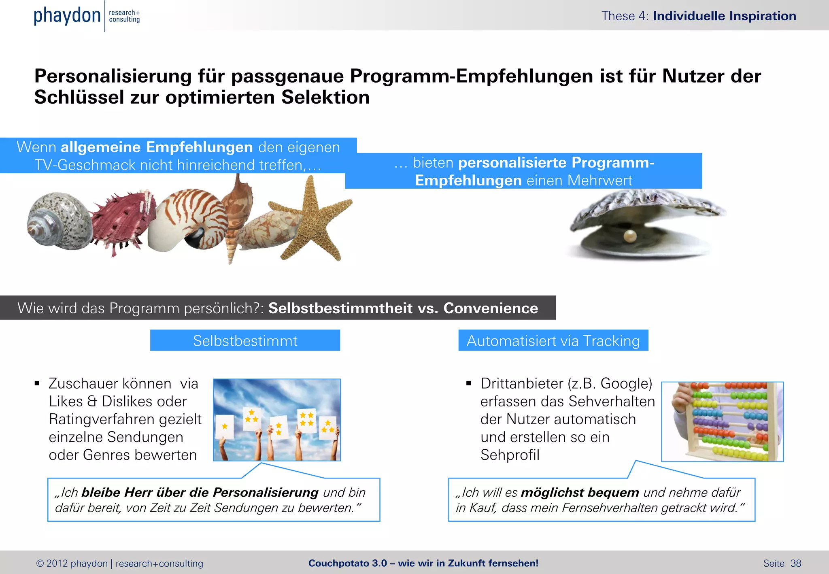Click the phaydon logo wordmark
coord(67,16)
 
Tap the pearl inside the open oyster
coord(629,236)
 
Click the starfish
coord(314,219)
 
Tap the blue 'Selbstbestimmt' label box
coord(245,340)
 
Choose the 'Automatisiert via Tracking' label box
coord(553,340)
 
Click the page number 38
coord(796,563)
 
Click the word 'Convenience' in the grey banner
coord(491,308)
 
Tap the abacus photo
coord(722,421)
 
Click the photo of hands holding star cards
coord(277,420)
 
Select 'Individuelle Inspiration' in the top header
coord(724,16)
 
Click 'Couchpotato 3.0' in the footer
coord(347,563)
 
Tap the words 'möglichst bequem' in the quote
coord(580,492)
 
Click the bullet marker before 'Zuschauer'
coord(37,383)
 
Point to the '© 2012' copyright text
coord(52,563)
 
